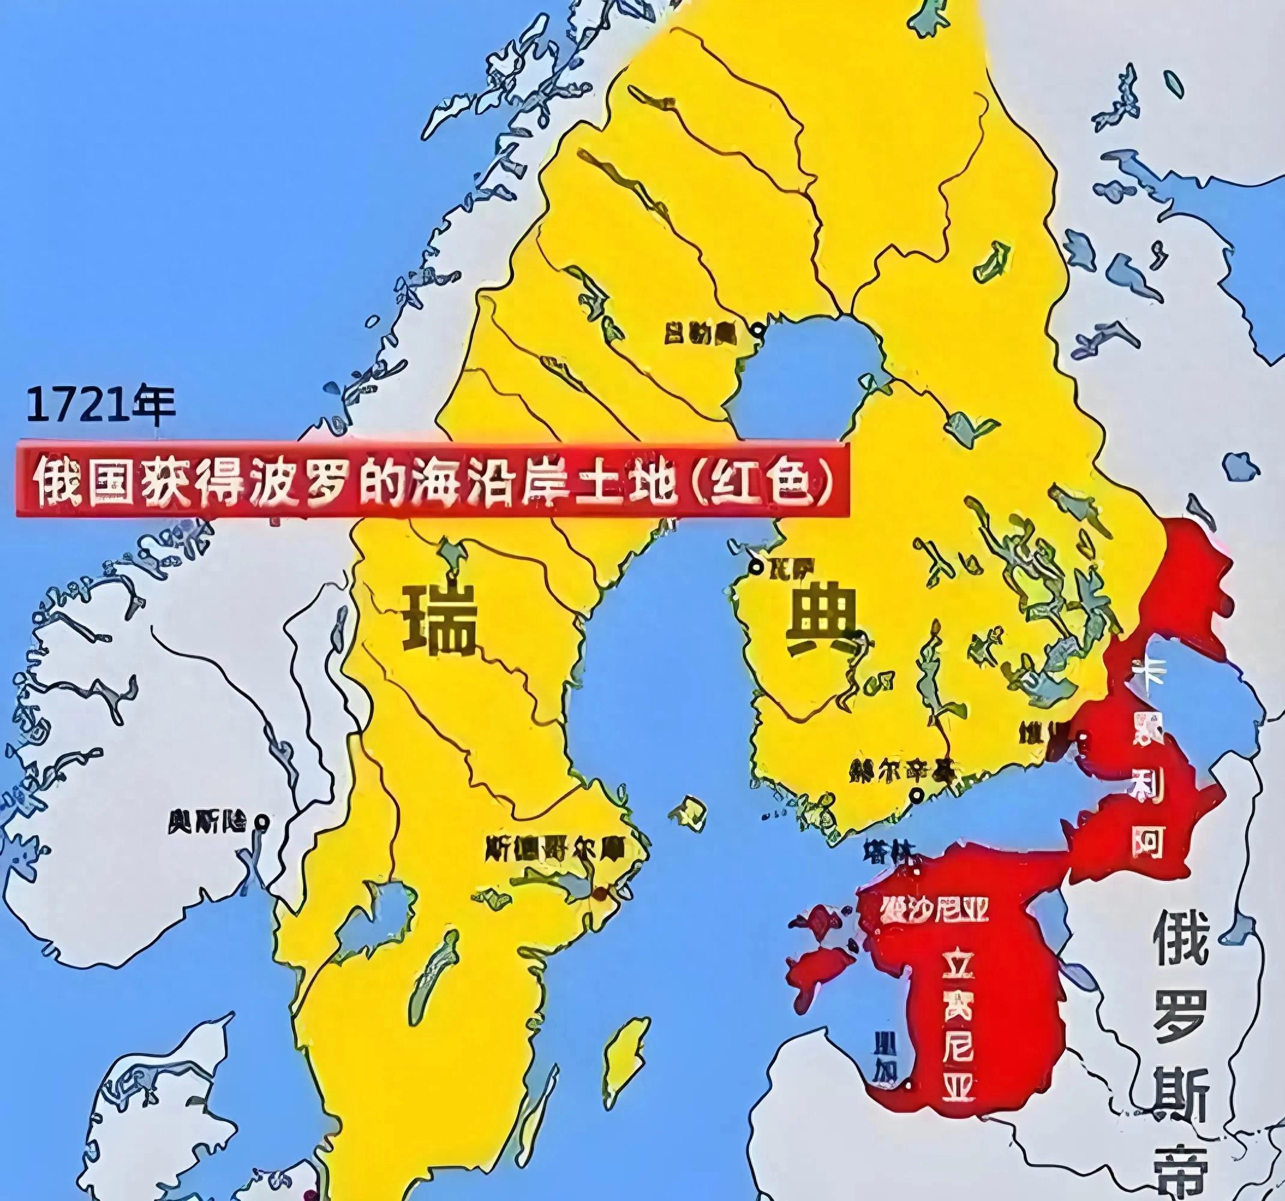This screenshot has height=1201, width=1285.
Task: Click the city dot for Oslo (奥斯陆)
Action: [x=262, y=821]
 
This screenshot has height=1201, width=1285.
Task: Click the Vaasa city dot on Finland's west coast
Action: [x=756, y=567]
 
